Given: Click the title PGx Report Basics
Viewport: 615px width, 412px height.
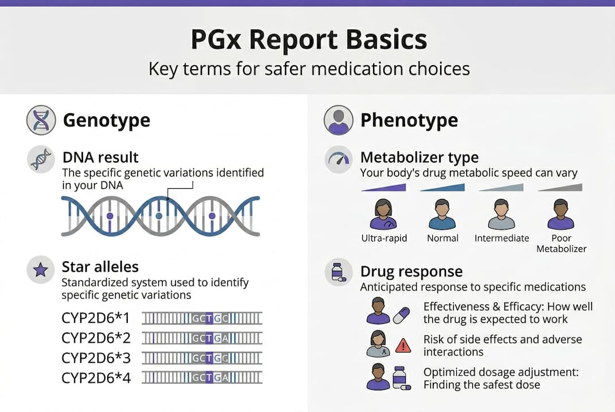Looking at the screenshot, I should coord(308,41).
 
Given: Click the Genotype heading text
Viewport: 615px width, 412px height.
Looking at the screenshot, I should coord(106,120).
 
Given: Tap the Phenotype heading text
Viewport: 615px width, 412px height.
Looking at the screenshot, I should coord(409,120).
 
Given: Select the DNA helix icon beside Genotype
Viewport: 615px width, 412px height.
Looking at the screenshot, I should coord(41,120).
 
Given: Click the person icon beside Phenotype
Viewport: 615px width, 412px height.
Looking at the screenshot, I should coord(338,120).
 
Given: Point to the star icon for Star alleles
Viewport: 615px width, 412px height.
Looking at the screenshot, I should coord(41,270).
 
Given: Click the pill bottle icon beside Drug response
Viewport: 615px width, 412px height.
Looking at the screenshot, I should coord(339,273).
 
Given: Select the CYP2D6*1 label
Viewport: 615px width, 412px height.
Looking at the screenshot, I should coord(96,318).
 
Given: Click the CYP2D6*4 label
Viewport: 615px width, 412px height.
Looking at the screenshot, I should coord(96,378).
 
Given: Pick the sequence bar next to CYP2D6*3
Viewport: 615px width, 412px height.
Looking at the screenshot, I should coord(202,358).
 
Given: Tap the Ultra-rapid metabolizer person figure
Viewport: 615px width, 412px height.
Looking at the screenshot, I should coord(383,215).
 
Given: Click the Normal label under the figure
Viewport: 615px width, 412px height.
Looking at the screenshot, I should coord(442,238).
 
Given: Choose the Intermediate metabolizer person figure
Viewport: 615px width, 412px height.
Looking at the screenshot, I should coord(502,215).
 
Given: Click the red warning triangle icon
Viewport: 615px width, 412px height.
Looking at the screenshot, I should coord(403,345).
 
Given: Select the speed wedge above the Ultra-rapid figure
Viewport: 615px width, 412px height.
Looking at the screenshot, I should coord(383,187).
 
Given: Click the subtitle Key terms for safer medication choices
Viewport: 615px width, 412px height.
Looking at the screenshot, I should coord(308,69).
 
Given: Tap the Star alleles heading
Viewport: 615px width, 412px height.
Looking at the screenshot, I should coord(100,267).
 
